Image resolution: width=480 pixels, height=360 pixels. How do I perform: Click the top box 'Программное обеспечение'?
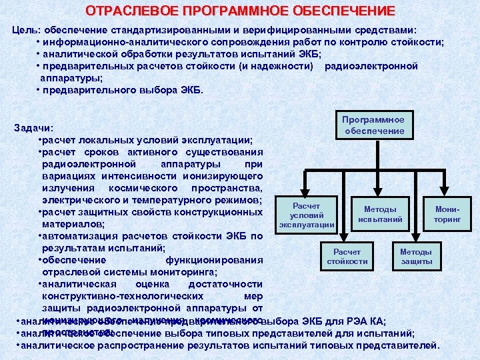coord(374,125)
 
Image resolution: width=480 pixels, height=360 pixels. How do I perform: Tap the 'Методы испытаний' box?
coord(380,214)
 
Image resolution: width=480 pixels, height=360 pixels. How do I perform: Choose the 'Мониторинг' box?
coord(447,214)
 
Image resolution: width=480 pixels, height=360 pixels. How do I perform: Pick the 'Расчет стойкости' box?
coord(347,257)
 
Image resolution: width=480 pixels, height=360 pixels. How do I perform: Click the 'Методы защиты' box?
coord(416,257)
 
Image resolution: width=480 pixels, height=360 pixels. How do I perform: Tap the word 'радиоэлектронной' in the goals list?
coord(371,66)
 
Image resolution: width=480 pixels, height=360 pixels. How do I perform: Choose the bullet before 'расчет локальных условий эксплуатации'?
coord(41,140)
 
